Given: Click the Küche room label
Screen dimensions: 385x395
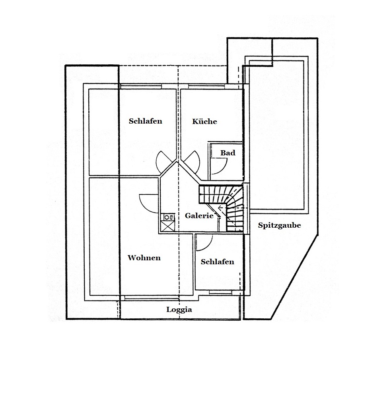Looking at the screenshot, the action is [204, 122].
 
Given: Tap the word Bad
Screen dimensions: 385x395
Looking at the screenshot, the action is [227, 153].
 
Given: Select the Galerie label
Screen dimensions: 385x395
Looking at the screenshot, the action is [199, 216].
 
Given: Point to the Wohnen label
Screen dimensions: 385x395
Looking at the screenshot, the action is [144, 258].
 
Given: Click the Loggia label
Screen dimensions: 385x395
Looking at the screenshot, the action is [179, 310].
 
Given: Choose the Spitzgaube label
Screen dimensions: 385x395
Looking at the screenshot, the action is [279, 225].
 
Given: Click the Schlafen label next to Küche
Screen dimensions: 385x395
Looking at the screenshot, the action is [146, 121].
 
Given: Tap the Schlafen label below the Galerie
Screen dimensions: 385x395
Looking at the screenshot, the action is [217, 262].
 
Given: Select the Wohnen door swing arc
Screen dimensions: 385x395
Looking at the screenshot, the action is [143, 204].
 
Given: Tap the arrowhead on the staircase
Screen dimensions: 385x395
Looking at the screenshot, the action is [220, 208].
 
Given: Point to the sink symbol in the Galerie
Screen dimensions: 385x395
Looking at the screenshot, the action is [167, 217].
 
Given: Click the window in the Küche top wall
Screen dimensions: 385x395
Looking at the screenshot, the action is [206, 87].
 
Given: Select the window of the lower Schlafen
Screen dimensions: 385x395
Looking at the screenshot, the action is [221, 292].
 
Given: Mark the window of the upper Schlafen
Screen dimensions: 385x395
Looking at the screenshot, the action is [141, 87].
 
